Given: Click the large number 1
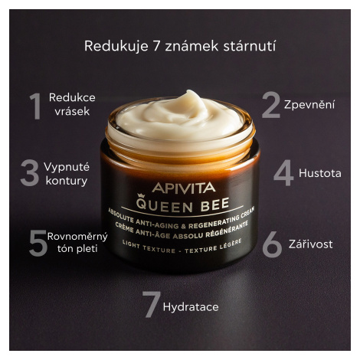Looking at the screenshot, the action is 36,106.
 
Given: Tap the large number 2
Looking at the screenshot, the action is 271,105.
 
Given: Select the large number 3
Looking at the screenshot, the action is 30,172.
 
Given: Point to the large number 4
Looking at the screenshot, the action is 283,173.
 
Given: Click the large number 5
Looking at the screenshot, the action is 38,243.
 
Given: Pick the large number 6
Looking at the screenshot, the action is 272,244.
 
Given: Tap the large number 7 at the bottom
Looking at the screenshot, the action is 152,305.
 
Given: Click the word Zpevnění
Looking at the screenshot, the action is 309,104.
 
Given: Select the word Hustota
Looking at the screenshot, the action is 320,173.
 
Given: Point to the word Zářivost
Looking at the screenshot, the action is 311,244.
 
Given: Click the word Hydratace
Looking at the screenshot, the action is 191,307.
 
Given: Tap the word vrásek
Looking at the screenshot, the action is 72,111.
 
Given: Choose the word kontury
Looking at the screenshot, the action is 67,181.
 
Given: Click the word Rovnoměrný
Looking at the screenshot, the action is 77,237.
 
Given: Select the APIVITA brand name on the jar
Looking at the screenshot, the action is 184,188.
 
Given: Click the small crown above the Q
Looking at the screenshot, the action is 140,196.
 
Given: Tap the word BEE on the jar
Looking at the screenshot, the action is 214,205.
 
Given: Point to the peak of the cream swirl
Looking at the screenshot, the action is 189,92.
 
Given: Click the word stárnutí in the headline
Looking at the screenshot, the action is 250,46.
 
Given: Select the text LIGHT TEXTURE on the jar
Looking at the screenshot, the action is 149,247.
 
